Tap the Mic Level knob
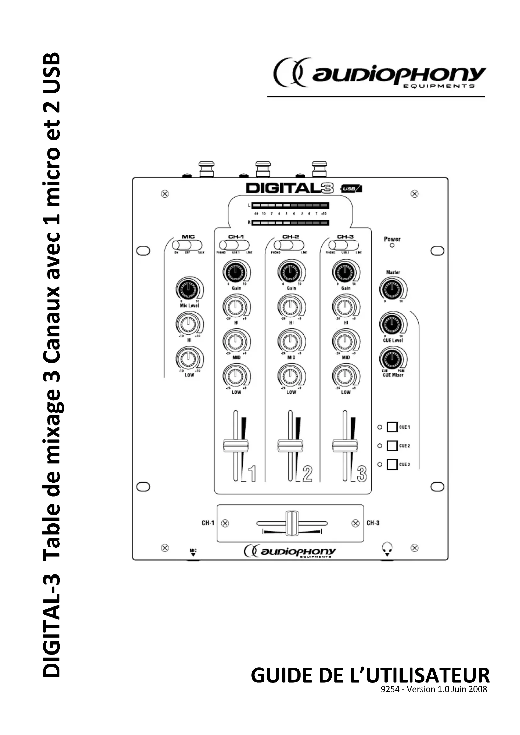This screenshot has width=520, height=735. point(189,288)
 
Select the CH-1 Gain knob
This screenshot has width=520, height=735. point(236,272)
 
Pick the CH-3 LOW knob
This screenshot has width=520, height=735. point(345,376)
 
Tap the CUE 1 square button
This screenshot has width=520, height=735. point(392,427)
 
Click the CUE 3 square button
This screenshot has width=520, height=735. point(392,464)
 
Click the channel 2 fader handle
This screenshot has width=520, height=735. point(290,446)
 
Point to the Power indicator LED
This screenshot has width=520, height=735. point(392,245)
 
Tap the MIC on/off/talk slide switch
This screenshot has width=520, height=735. point(187,245)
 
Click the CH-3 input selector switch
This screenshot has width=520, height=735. point(344,245)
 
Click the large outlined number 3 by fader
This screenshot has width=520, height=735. point(361,474)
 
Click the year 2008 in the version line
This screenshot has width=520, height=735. point(478,689)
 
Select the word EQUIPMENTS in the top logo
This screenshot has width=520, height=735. point(439,86)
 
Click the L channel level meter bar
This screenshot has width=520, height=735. point(290,205)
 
